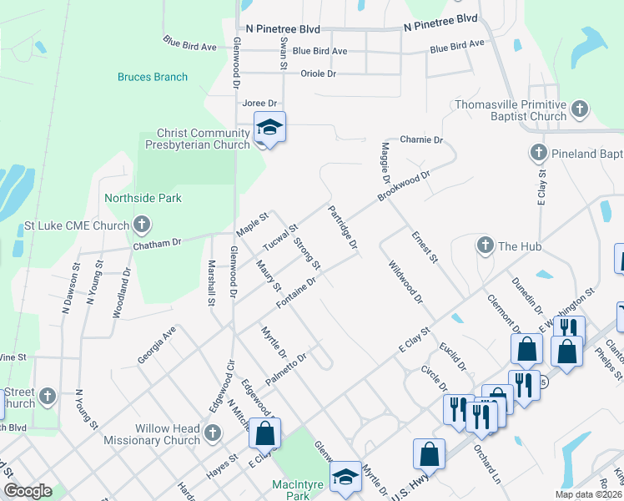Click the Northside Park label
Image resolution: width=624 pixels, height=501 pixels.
pyautogui.click(x=143, y=199)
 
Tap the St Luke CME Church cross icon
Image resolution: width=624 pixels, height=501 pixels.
pyautogui.click(x=142, y=225)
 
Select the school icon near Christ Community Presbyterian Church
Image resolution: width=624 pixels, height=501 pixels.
pyautogui.click(x=269, y=129)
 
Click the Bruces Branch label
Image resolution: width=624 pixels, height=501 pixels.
pyautogui.click(x=153, y=77)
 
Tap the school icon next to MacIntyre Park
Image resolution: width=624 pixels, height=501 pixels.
pyautogui.click(x=345, y=477)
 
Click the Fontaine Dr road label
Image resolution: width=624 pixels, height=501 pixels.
pyautogui.click(x=295, y=292)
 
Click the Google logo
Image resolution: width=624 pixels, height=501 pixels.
pyautogui.click(x=27, y=491)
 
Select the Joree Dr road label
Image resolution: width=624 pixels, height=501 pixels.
pyautogui.click(x=259, y=104)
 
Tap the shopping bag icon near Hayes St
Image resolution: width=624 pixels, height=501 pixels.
pyautogui.click(x=264, y=433)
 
